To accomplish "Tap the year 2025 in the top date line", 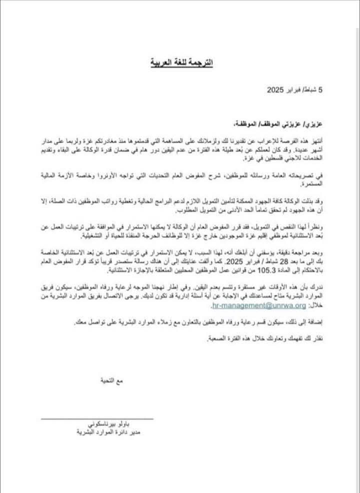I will (275, 91).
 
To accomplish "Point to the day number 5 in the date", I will (321, 91).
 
